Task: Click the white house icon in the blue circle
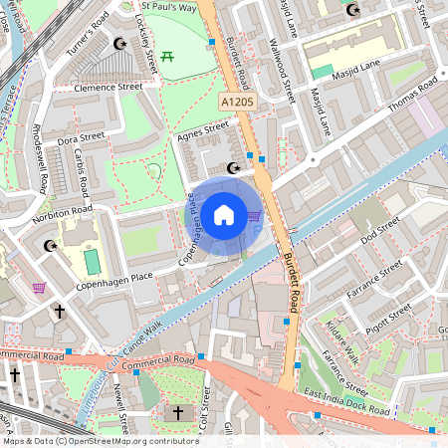click(224, 213)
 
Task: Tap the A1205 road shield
click(236, 103)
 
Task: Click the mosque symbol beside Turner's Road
click(121, 44)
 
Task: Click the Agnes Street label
click(201, 131)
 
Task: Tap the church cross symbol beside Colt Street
click(179, 412)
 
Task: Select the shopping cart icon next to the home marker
click(254, 214)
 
